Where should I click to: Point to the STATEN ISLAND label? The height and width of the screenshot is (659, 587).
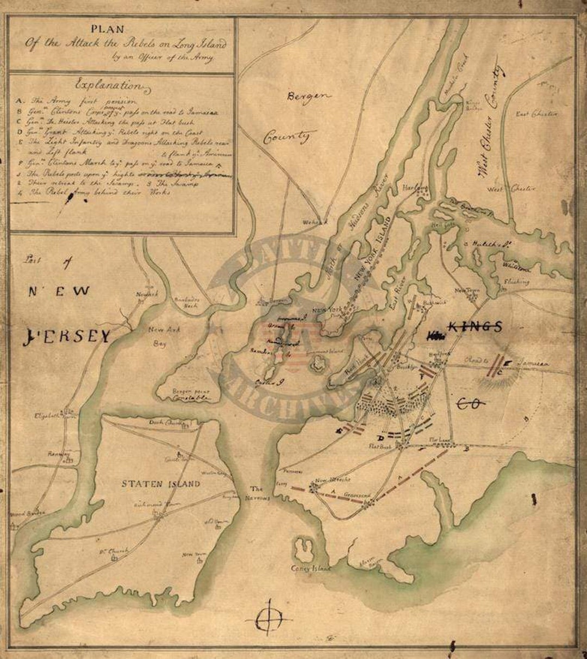click(x=160, y=484)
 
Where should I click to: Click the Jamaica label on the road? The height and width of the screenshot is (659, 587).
click(x=531, y=362)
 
